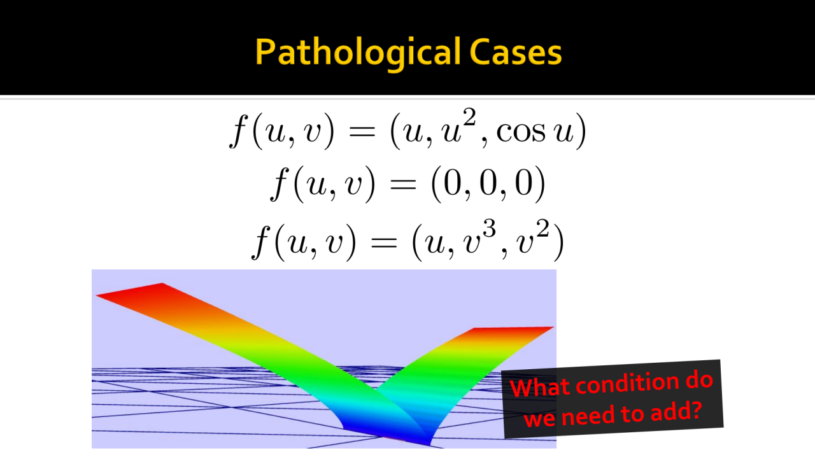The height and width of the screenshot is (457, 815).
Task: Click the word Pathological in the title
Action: tap(358, 53)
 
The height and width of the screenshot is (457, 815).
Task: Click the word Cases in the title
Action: tap(516, 53)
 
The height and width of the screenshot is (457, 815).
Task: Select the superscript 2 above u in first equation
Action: tap(469, 118)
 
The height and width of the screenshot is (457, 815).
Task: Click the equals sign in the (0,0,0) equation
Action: tap(403, 184)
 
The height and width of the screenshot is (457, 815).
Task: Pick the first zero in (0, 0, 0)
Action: tap(452, 184)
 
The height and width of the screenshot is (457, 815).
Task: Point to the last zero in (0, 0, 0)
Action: tap(524, 184)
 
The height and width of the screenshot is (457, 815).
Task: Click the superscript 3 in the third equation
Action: tap(490, 229)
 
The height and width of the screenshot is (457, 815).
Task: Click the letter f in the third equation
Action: tap(262, 243)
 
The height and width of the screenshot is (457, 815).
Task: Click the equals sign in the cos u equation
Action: tap(362, 130)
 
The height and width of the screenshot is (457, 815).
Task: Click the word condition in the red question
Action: tap(627, 383)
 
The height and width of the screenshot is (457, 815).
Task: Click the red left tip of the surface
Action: tap(96, 296)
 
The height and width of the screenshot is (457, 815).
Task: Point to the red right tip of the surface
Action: tap(553, 327)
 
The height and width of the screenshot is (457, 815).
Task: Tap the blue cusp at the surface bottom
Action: tap(429, 444)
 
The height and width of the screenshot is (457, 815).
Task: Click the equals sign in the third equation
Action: tap(383, 243)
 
